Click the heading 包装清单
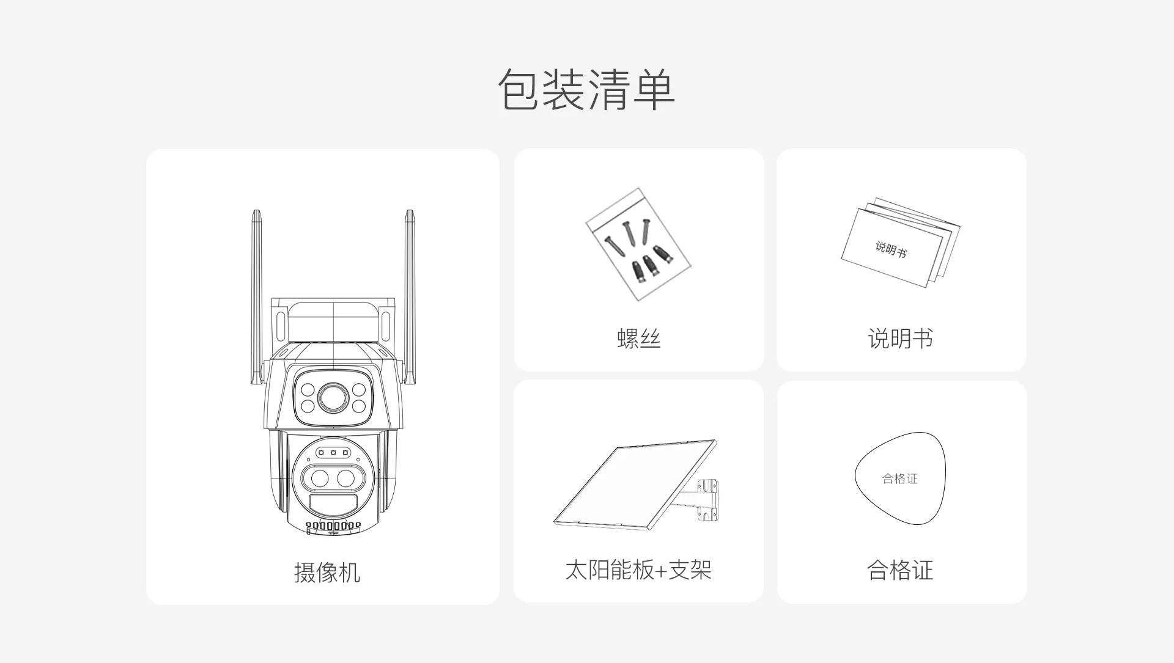[586, 90]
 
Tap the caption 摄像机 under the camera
[327, 573]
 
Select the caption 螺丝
[639, 339]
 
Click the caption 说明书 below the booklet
[901, 339]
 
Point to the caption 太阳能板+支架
[638, 570]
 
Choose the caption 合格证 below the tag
[900, 570]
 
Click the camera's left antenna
[257, 297]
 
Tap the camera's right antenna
[409, 297]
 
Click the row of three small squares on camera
[333, 453]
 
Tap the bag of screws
[638, 244]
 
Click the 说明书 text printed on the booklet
[891, 249]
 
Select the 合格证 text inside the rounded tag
[900, 478]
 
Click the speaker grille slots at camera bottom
[333, 526]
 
